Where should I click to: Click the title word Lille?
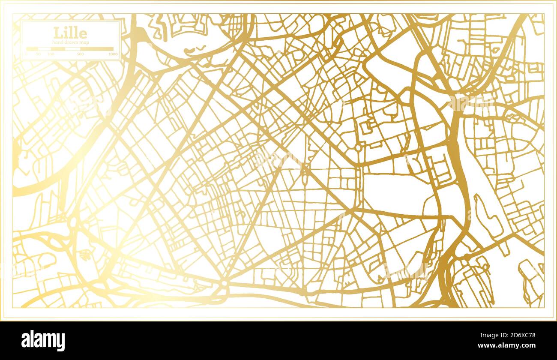(70, 33)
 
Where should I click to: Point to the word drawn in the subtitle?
(70, 42)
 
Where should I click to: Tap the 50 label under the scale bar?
(38, 54)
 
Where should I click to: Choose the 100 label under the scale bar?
(51, 54)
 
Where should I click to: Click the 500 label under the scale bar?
(80, 54)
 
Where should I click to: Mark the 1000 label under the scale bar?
(113, 54)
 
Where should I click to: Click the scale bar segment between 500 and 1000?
(97, 49)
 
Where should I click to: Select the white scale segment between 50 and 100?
(45, 49)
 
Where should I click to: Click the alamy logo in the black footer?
(43, 340)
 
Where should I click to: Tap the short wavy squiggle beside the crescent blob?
(201, 48)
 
